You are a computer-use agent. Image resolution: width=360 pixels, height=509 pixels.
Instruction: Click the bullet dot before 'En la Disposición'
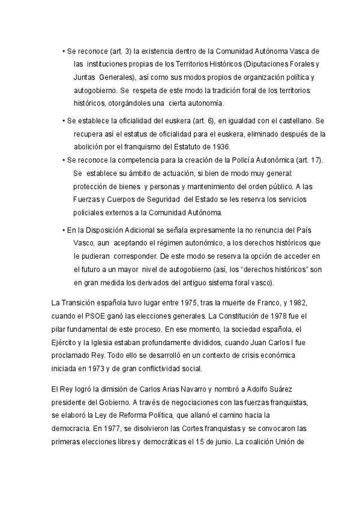(64, 230)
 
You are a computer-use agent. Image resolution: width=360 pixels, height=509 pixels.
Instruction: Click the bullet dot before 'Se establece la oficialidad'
(64, 120)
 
